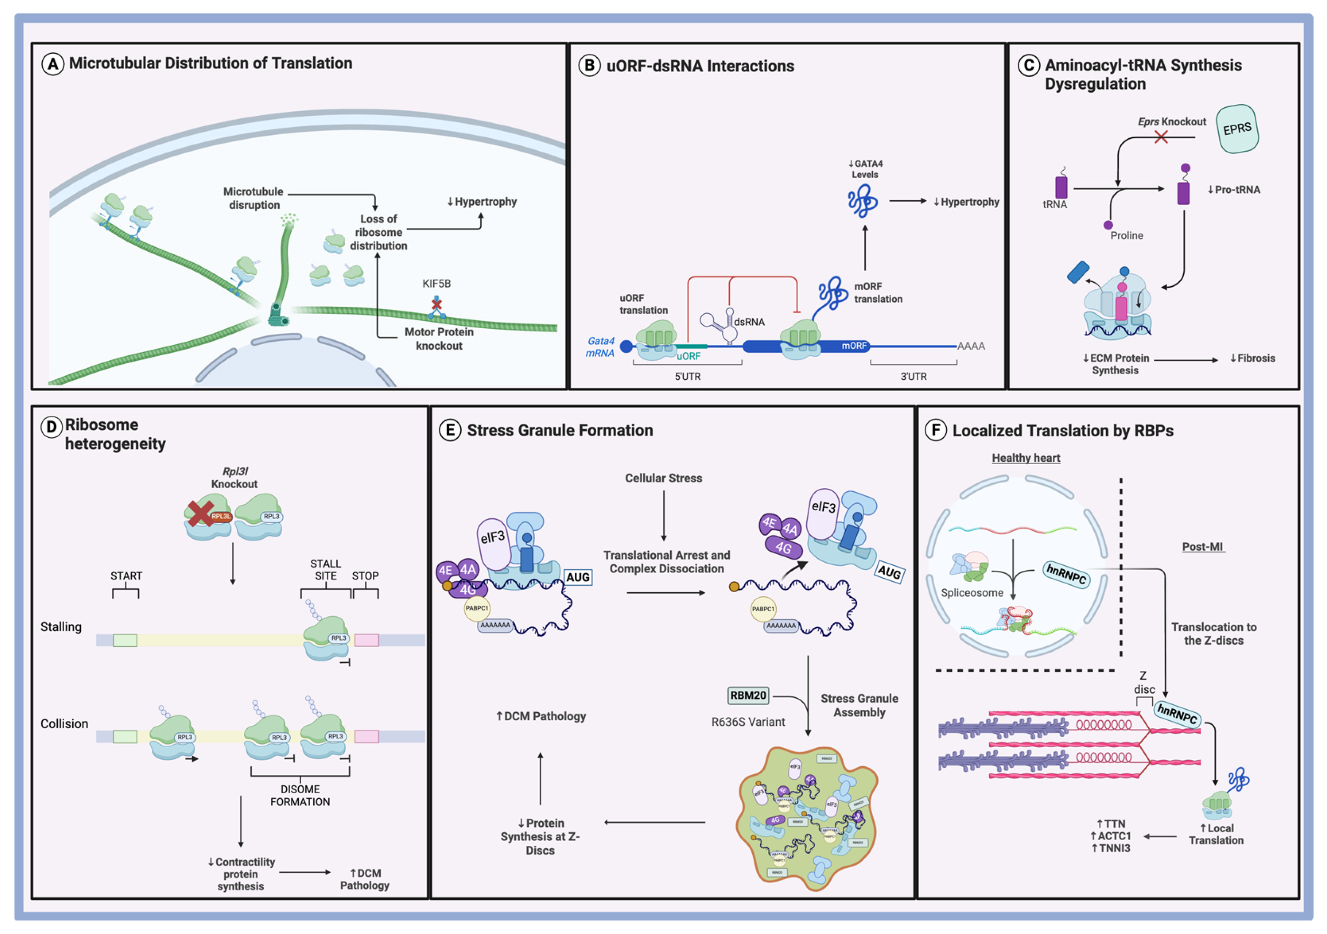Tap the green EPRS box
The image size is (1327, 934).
(x=1237, y=129)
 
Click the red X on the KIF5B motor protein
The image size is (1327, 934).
(x=437, y=304)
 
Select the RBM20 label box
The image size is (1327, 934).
(x=748, y=695)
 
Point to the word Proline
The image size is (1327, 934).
(x=1126, y=236)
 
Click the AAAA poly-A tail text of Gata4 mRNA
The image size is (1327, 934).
(x=971, y=346)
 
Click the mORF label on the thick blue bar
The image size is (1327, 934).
(x=854, y=346)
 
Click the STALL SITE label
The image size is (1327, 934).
(x=325, y=569)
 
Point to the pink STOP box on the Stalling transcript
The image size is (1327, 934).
(x=366, y=640)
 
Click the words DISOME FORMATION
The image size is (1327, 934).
(x=300, y=795)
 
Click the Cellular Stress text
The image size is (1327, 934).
(x=663, y=478)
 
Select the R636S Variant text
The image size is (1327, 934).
(x=748, y=722)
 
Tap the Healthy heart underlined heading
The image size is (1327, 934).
(x=1026, y=458)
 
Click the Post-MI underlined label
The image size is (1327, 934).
(x=1202, y=547)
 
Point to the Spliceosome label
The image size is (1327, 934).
(x=972, y=593)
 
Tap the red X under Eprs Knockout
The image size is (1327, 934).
(x=1160, y=137)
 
